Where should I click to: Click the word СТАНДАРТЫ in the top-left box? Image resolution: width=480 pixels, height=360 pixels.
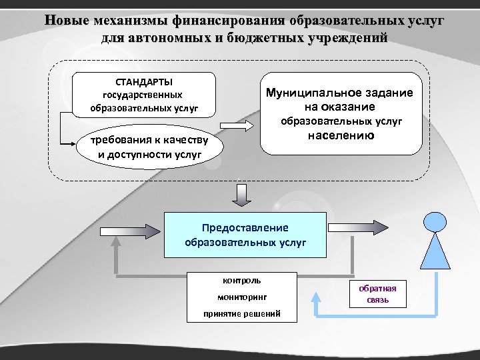144,82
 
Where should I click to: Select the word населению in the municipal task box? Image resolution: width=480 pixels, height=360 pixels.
341,135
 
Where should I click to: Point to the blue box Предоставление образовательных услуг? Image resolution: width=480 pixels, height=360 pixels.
245,235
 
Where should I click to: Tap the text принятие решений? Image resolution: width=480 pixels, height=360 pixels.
241,314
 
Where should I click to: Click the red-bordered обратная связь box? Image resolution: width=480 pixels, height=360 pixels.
377,294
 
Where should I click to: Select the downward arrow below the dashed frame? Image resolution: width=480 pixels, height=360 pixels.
240,195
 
